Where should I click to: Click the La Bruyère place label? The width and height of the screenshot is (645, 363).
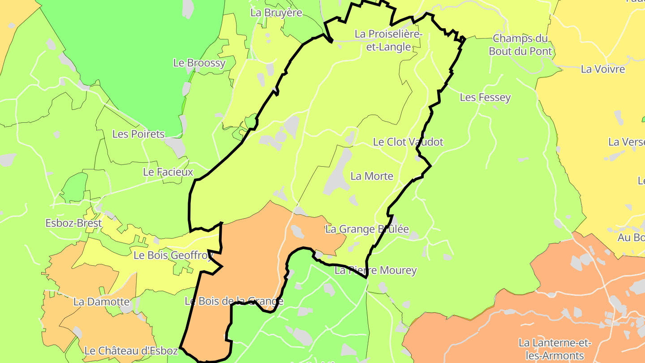pos(276,13)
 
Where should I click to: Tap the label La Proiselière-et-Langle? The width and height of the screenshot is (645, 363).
pos(388,40)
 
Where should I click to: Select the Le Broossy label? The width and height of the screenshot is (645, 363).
pos(199,63)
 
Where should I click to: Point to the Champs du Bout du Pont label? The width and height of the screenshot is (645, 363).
pos(520,44)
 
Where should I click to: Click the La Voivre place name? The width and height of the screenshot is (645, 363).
pos(602,69)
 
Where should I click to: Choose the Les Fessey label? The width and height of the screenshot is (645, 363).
pos(485,97)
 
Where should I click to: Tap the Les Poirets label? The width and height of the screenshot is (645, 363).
pos(138,134)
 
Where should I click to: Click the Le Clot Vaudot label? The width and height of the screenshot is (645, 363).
pos(408,142)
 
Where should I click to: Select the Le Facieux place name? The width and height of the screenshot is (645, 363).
pos(168,172)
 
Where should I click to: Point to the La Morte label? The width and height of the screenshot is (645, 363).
pos(372,176)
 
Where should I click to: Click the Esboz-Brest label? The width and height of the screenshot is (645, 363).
pos(74,223)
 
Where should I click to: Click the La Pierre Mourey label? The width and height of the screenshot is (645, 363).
pos(376,270)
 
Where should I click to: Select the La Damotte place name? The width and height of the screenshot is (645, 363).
pos(101,302)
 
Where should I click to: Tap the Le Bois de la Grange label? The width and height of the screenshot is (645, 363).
pos(234,301)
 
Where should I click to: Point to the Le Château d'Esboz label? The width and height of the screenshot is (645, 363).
pos(131,350)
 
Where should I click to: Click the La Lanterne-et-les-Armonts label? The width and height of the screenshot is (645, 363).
pos(555,350)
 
